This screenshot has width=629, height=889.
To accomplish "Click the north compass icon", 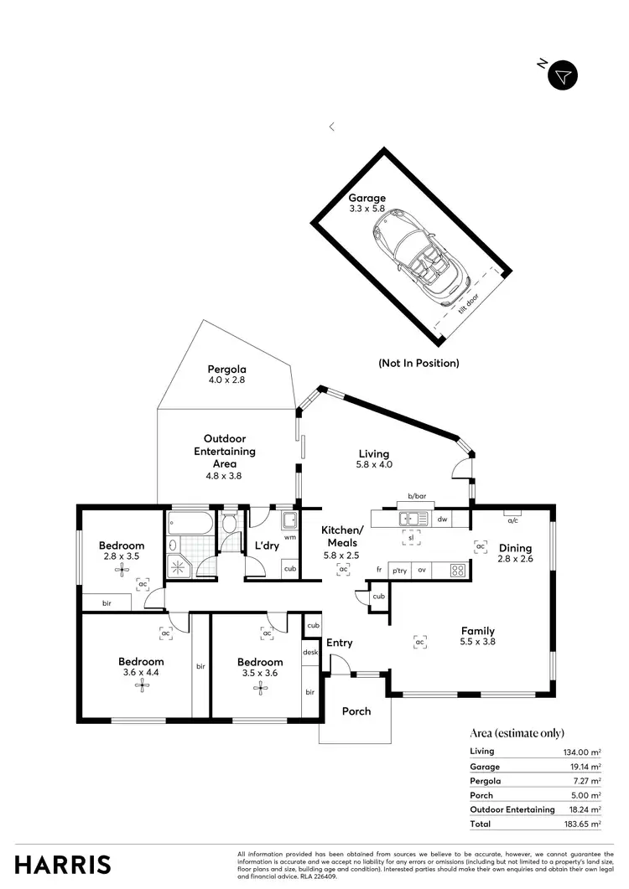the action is [563, 75].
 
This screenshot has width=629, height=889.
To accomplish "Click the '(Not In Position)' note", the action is [418, 364].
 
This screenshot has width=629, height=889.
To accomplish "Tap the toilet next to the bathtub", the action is [229, 525].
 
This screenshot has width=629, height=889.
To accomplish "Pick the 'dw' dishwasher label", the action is [441, 519].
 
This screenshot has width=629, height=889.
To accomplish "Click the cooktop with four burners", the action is [458, 570].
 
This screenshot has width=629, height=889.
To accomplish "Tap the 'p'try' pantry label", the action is [399, 570].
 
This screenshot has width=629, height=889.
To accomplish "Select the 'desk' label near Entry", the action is [310, 651].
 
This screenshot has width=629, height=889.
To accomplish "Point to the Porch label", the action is [356, 711].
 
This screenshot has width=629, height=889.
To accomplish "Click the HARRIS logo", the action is [64, 864].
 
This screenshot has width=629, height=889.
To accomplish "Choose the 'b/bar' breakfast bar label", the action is [417, 497].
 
